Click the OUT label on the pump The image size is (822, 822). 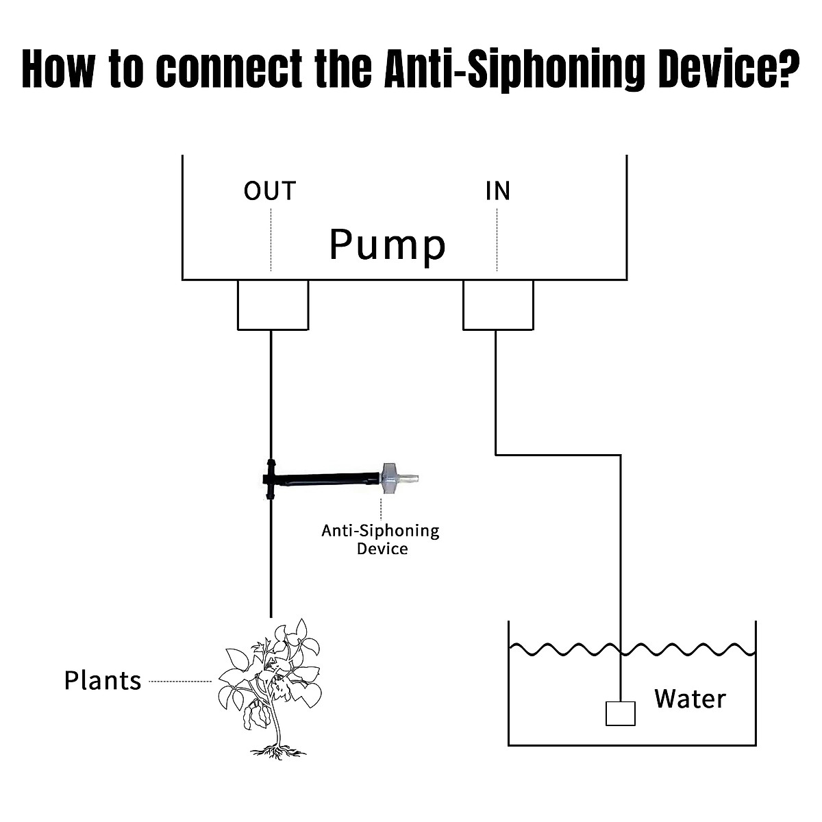[x=270, y=191]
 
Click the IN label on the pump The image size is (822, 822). [x=498, y=191]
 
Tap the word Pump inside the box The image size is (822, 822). [x=387, y=245]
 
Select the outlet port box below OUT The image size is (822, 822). [x=273, y=305]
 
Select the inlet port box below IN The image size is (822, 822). [x=498, y=305]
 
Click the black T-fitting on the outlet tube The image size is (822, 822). [x=270, y=479]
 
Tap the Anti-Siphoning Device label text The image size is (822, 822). [x=381, y=539]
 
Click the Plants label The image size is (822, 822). [x=103, y=681]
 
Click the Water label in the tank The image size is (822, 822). [x=689, y=699]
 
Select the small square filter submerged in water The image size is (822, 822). [x=620, y=713]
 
